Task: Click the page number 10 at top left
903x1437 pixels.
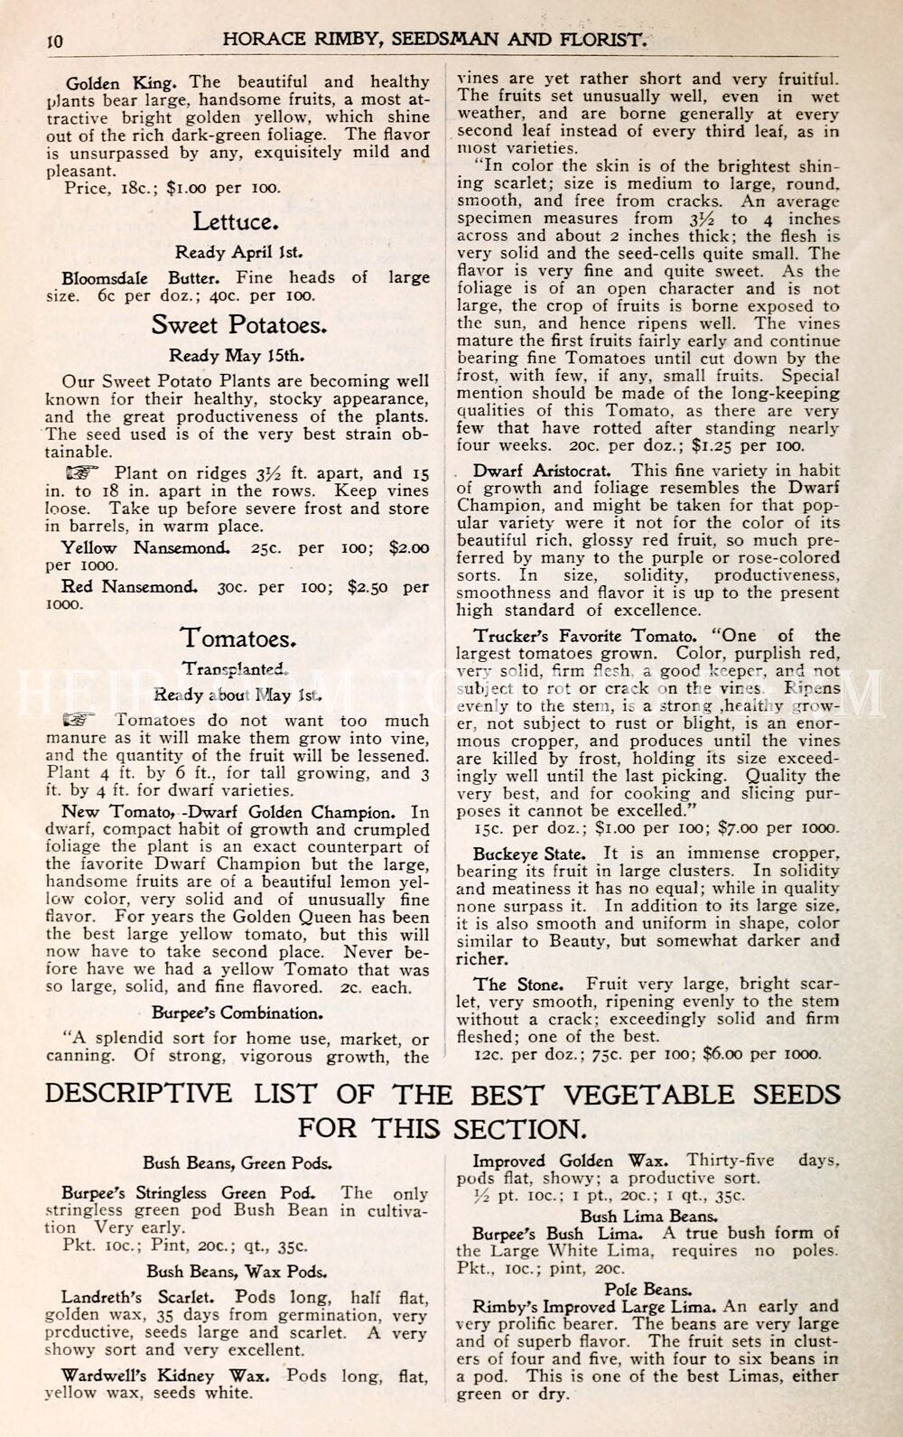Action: coord(53,41)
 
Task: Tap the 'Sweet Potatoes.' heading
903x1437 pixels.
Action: coord(239,324)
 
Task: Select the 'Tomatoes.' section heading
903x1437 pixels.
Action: coord(238,638)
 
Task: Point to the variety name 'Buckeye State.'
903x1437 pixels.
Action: coord(529,854)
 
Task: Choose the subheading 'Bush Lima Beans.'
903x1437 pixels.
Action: coord(648,1216)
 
